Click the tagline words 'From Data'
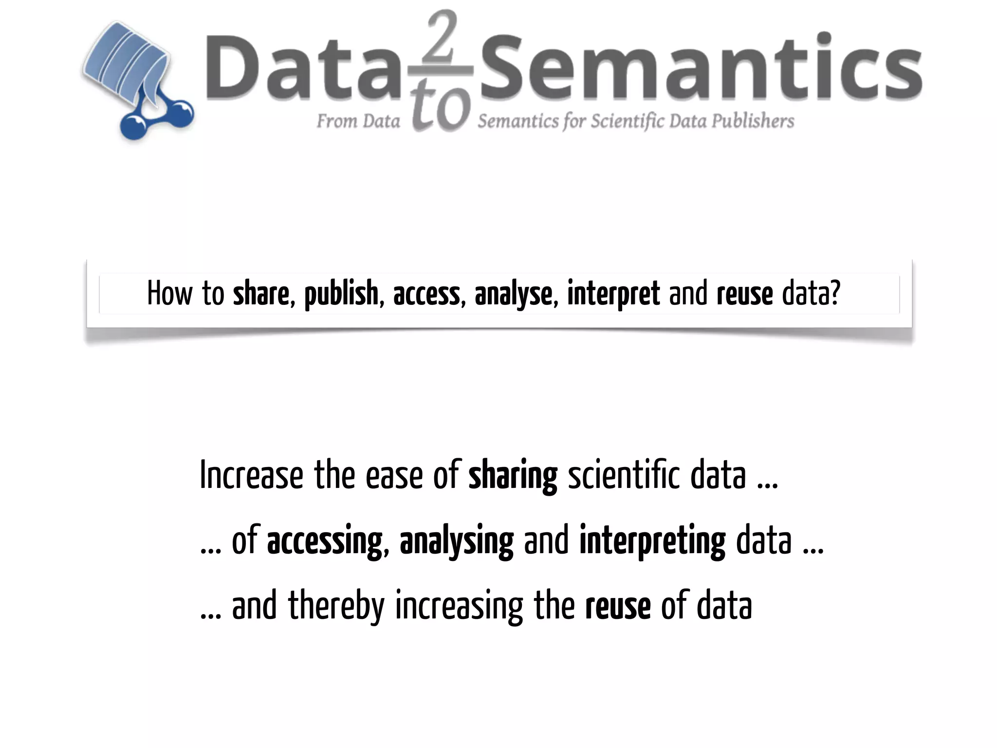pos(358,121)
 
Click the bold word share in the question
pos(261,294)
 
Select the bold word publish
pos(341,294)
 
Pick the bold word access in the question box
pos(426,294)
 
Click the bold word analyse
pos(513,294)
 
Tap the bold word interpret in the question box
pos(613,294)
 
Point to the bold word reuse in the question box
pos(745,294)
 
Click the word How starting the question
pos(170,294)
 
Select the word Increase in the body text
pos(251,475)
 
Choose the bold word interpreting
pos(652,542)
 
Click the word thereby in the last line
pos(336,606)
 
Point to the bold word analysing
pos(456,542)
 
